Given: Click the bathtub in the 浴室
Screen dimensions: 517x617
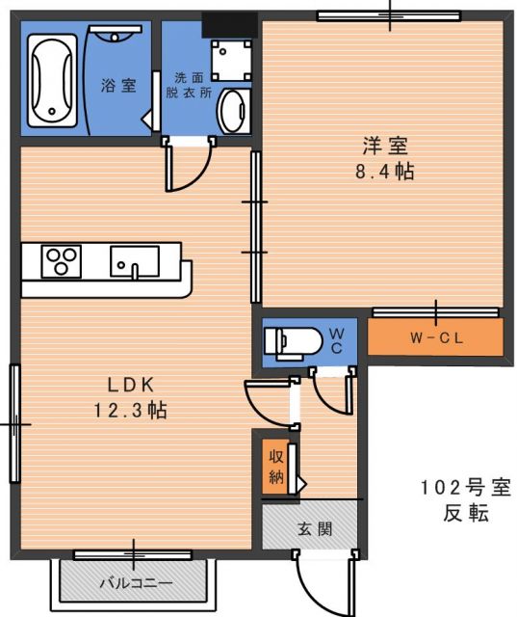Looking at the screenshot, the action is [52, 81].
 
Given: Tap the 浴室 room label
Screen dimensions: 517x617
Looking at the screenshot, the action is [118, 85].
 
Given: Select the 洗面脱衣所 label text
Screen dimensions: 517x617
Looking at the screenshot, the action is [189, 85].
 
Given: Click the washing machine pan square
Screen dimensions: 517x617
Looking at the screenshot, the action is [231, 60].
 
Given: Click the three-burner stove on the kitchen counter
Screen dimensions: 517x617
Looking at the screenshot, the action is [62, 261].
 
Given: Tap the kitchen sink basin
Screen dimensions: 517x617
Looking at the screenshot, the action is [135, 261].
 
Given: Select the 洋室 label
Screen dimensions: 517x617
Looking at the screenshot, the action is [385, 146].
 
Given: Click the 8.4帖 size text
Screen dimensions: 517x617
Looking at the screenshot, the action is [384, 172].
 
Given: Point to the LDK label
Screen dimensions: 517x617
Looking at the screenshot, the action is [131, 385].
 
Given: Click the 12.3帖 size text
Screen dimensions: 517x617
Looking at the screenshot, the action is [130, 410].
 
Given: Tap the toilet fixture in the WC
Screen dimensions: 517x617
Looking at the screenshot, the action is [294, 343].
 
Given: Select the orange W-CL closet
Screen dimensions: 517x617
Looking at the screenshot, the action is [436, 337].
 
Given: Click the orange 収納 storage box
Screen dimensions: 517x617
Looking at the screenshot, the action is [275, 467].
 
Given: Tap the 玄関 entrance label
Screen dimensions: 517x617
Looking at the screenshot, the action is [315, 528].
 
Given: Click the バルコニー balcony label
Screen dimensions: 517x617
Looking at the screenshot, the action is [136, 582].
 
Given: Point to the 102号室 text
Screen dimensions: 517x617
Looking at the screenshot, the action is [466, 488].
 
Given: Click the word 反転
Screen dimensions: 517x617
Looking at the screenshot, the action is [466, 514].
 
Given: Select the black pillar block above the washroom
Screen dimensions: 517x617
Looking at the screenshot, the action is [230, 25].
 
